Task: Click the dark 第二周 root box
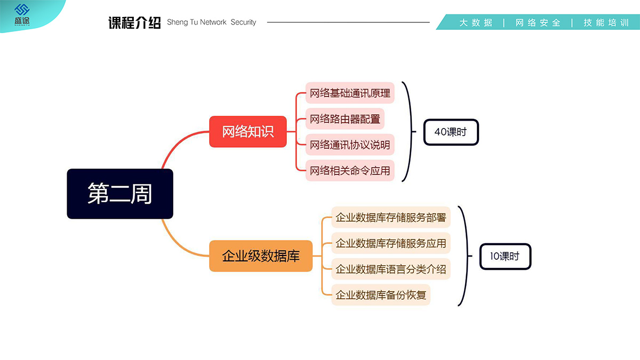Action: [x=120, y=194]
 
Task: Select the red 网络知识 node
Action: [x=248, y=132]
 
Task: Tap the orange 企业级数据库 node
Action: [x=261, y=256]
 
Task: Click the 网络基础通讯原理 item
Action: [x=350, y=93]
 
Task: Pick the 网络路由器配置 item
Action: [x=345, y=119]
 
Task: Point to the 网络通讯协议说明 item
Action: [x=350, y=145]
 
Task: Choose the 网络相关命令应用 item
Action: [x=350, y=171]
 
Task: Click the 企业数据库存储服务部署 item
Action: [x=391, y=218]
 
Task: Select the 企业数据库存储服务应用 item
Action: [x=391, y=243]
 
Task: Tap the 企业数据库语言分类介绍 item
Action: [x=391, y=269]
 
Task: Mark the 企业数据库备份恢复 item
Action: [x=381, y=295]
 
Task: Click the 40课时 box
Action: [x=451, y=132]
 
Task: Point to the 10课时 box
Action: [x=505, y=257]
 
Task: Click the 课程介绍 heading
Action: [x=134, y=23]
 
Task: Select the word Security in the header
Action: [x=243, y=22]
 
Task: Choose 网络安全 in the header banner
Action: [x=538, y=23]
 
